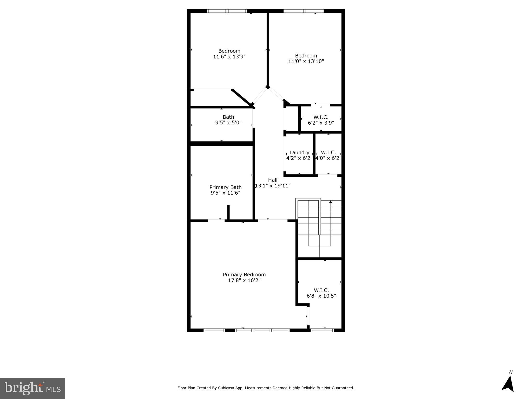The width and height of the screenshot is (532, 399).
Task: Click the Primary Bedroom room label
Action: click(244, 275)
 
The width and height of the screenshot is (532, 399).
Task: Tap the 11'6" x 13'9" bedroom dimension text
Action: click(229, 57)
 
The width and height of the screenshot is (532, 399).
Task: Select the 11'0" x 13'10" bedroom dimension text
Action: click(306, 61)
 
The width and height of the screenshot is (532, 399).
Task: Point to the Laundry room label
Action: click(299, 153)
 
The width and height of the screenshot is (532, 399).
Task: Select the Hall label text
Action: click(273, 180)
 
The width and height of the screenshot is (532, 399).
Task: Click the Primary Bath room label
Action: click(225, 187)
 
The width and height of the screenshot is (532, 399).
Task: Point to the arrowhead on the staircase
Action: click(331, 202)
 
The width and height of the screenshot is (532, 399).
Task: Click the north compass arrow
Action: click(508, 384)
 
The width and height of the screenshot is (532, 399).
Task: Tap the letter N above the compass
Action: click(511, 372)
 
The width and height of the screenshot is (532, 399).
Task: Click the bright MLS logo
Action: click(32, 388)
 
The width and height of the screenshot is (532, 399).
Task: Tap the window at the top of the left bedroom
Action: click(227, 11)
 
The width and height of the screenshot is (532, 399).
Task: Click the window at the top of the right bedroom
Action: click(303, 11)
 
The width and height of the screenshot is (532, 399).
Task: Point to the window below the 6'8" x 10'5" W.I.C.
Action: click(322, 330)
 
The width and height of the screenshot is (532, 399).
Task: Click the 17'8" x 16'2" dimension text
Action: click(244, 281)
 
